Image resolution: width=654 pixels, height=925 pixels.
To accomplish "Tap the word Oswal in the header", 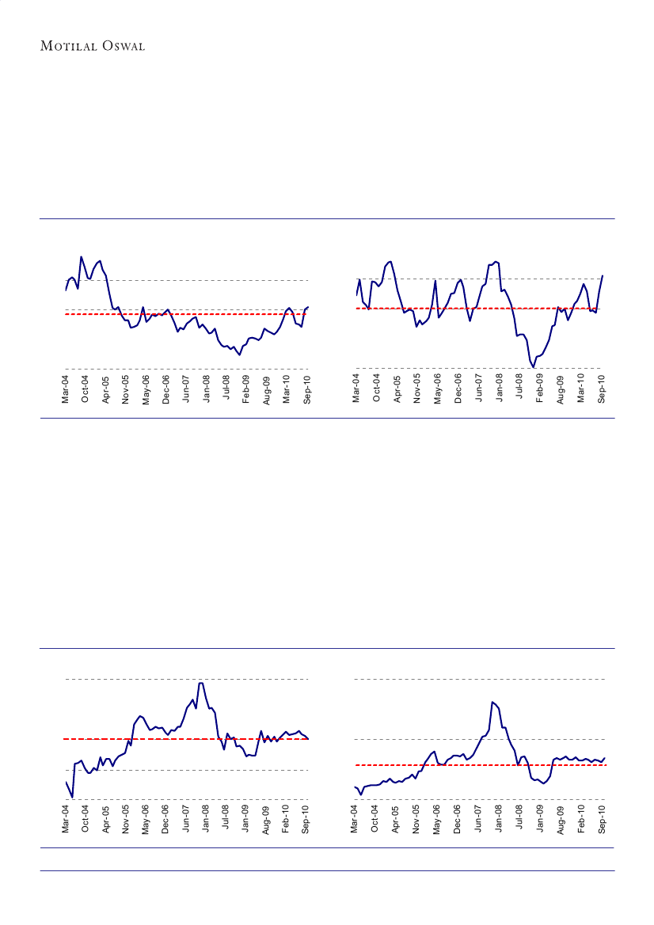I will coord(120,45).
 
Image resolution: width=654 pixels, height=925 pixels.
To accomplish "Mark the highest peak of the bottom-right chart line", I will coord(492,702).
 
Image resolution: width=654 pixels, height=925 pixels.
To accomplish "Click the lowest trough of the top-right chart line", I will coord(534,367).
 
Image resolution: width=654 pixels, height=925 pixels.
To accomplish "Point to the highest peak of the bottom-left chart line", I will coord(201,682).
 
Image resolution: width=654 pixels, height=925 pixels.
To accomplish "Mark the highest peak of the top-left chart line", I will coord(81,256).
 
